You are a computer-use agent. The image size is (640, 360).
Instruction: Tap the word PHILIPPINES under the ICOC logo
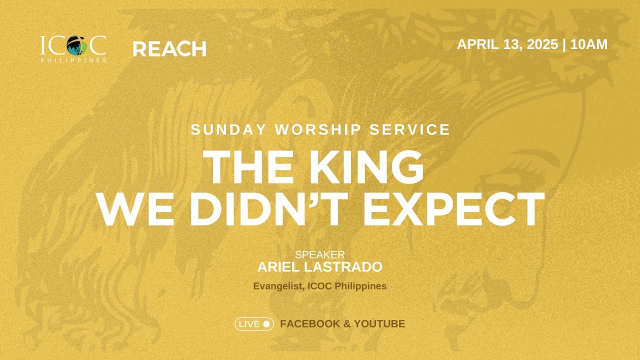coord(74,60)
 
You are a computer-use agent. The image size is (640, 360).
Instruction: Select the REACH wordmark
coord(169,49)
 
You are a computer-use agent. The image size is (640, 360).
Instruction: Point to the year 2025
coord(542,44)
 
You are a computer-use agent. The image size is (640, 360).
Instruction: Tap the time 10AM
coord(589,44)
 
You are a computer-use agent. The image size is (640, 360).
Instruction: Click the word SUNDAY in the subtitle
coord(228,129)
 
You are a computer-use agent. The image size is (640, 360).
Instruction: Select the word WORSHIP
coord(317,129)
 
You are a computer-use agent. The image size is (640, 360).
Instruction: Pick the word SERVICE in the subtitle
coord(409,129)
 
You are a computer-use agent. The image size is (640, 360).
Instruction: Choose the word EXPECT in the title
coord(453,209)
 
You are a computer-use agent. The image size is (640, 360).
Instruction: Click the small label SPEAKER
coord(320,254)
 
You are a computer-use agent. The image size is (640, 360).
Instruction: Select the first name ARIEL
coord(278,267)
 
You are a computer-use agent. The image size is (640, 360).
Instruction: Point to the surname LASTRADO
coord(343,267)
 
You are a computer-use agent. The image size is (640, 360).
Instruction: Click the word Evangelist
coord(279,286)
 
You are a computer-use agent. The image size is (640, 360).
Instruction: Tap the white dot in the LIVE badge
coord(266,324)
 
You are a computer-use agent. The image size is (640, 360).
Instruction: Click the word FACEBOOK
coord(310,324)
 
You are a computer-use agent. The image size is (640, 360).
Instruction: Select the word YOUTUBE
coord(379,324)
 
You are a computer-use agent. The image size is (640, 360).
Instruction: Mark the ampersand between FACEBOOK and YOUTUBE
coord(347,324)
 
